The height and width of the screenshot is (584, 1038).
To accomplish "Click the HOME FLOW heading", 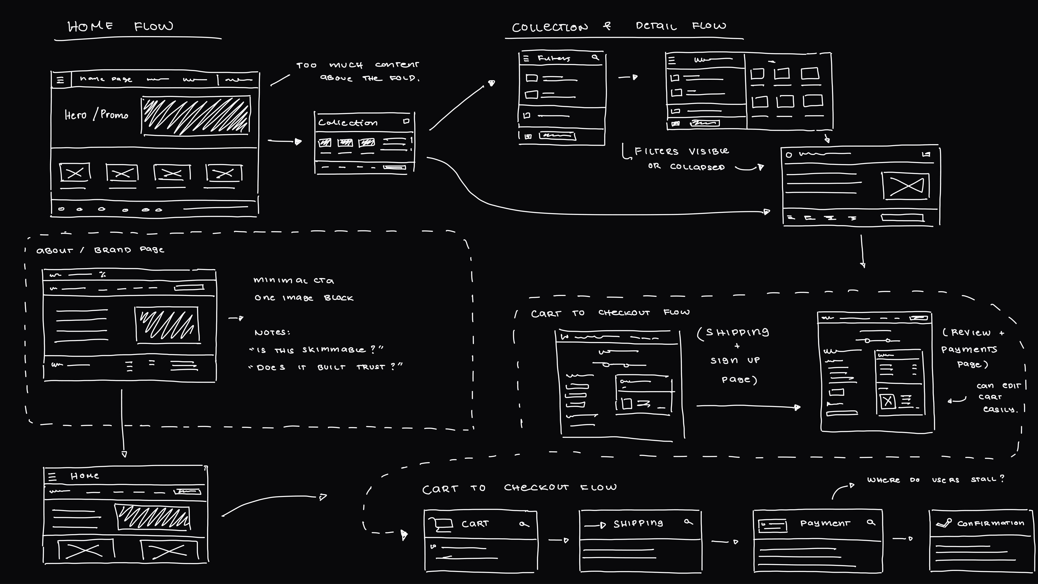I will pos(120,27).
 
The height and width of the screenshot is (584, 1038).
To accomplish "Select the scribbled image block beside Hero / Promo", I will pos(196,116).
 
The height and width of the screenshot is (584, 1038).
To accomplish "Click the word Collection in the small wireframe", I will pos(348,123).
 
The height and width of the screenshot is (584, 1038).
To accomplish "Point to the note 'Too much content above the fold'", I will pos(357,71).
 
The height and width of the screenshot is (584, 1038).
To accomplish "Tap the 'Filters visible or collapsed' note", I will pos(685,158).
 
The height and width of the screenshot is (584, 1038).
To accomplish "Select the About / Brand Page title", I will pos(100,250).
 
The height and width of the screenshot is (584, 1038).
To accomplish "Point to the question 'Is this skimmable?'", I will pos(316,350).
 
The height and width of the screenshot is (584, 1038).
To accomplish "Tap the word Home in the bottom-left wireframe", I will pos(85,476).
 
